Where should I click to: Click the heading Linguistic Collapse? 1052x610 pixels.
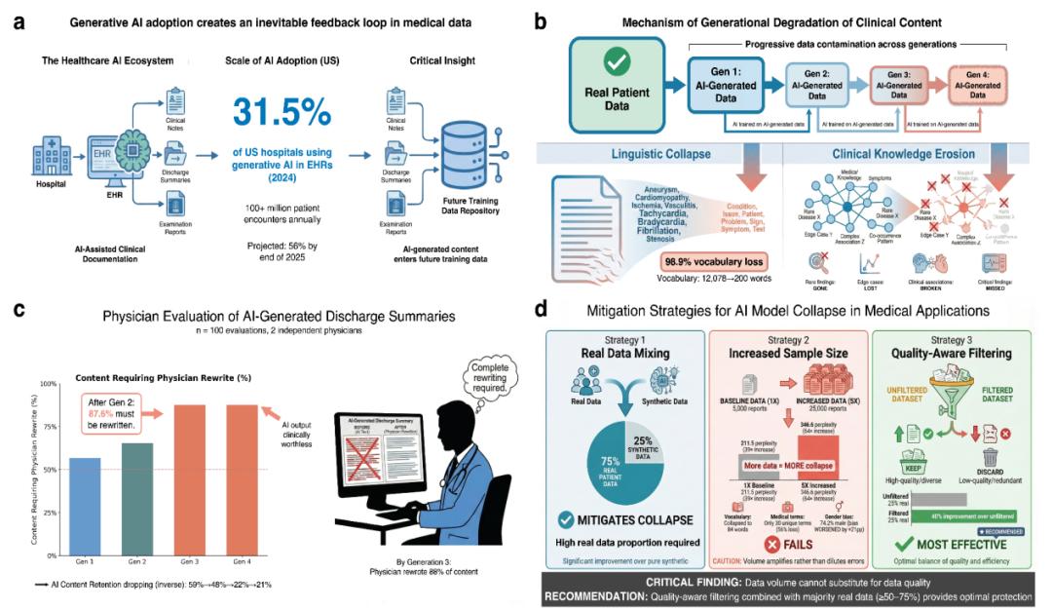(x=664, y=154)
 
